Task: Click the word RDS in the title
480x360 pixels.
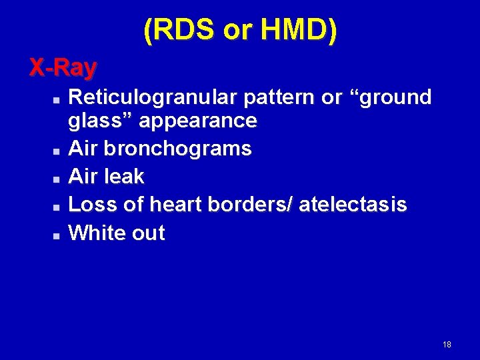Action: pyautogui.click(x=181, y=31)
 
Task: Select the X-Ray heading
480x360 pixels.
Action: pyautogui.click(x=63, y=67)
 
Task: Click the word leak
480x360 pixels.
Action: pyautogui.click(x=125, y=177)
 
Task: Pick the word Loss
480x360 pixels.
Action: pyautogui.click(x=89, y=205)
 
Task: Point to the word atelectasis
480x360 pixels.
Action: pyautogui.click(x=353, y=205)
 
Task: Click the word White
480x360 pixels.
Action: pyautogui.click(x=95, y=233)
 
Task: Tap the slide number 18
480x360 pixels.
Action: pyautogui.click(x=447, y=345)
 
